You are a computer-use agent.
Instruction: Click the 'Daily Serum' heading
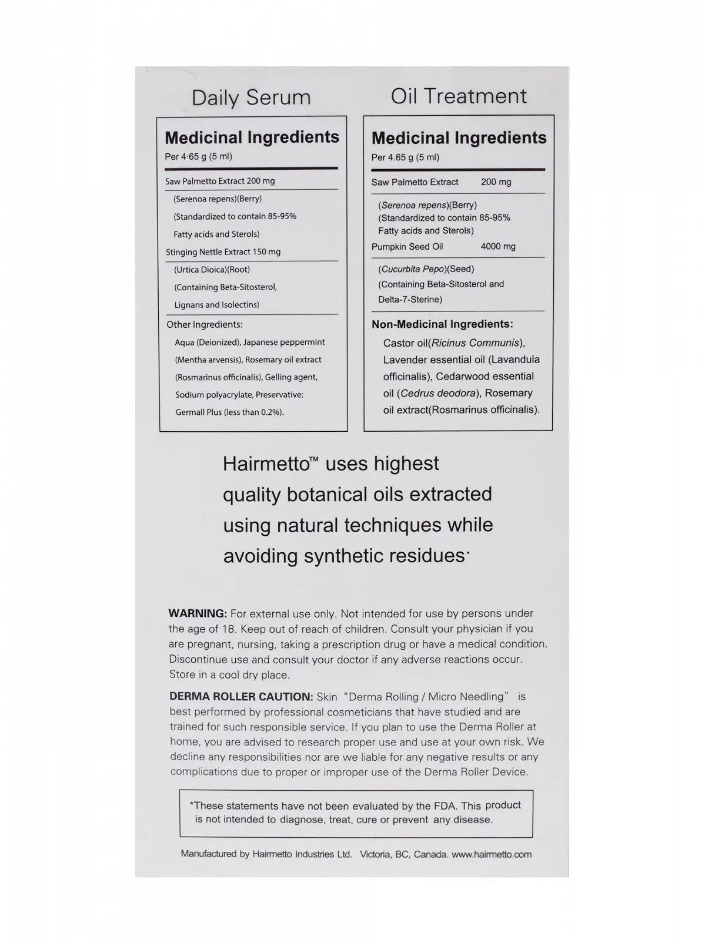[x=251, y=98]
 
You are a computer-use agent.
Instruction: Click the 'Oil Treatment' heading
[x=459, y=96]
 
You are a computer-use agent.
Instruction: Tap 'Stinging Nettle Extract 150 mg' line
[x=223, y=252]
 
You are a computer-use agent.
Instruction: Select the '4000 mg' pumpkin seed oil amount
[x=498, y=247]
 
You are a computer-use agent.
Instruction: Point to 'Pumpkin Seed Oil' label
[x=407, y=247]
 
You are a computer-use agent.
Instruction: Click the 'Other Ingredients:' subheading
[x=204, y=324]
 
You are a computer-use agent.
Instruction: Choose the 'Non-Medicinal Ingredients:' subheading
[x=442, y=324]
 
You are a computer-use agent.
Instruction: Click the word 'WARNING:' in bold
[x=198, y=613]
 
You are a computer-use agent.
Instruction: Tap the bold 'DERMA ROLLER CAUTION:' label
[x=241, y=697]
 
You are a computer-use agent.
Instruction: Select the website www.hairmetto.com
[x=492, y=854]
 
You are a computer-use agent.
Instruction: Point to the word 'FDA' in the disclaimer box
[x=447, y=806]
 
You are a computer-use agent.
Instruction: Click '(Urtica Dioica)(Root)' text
[x=212, y=270]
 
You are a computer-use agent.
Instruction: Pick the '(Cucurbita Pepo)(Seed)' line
[x=426, y=269]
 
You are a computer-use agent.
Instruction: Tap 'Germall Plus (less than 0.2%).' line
[x=229, y=412]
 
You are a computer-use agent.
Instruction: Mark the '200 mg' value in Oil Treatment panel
[x=496, y=182]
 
